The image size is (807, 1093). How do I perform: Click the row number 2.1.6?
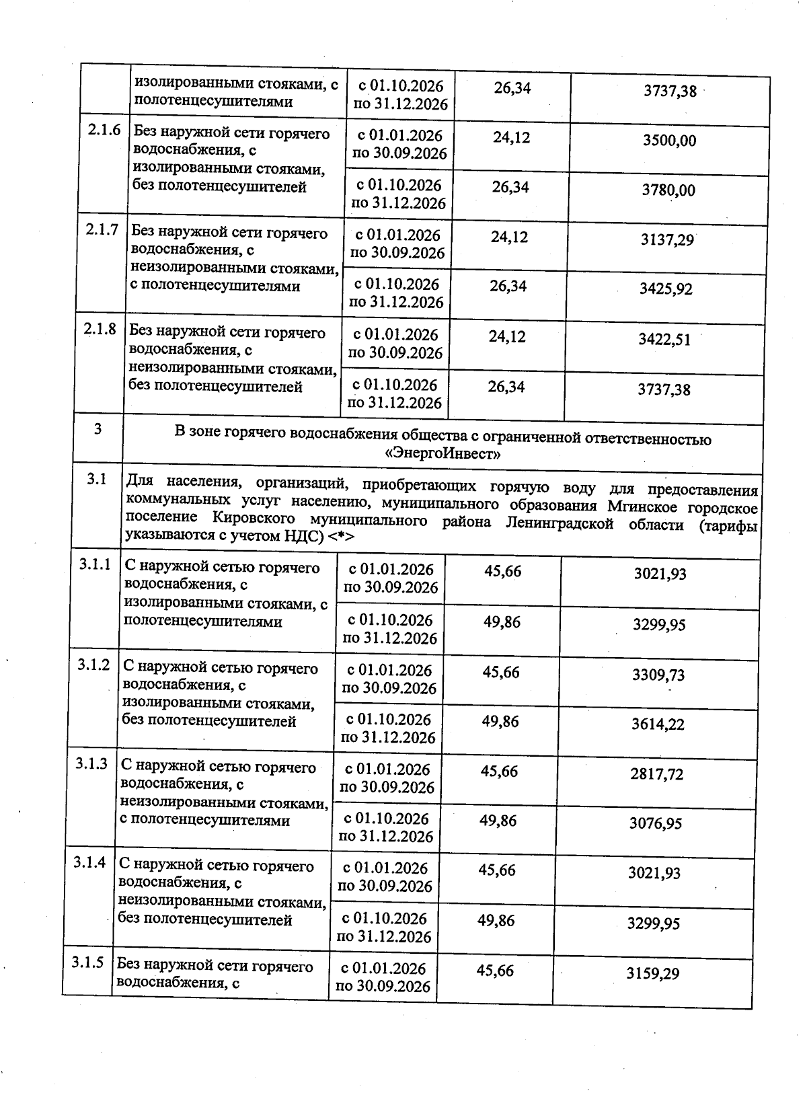pos(104,130)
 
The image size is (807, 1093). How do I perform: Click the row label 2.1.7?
pos(102,230)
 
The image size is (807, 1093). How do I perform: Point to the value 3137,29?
pos(666,239)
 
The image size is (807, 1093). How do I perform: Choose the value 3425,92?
pos(666,289)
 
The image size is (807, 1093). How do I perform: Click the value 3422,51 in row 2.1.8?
pos(664,339)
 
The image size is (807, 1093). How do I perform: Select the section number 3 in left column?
pos(98,428)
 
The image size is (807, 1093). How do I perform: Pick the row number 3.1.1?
pos(94,565)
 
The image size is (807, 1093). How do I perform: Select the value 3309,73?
pos(658,675)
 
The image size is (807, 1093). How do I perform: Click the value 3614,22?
pos(658,724)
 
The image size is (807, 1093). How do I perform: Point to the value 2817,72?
pos(656,774)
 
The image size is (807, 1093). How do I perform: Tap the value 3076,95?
pos(656,823)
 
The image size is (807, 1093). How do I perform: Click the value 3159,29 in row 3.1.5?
pos(652,973)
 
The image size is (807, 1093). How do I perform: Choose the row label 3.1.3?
pos(91,763)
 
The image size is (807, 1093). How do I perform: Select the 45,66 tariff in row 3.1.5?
pos(494,970)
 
